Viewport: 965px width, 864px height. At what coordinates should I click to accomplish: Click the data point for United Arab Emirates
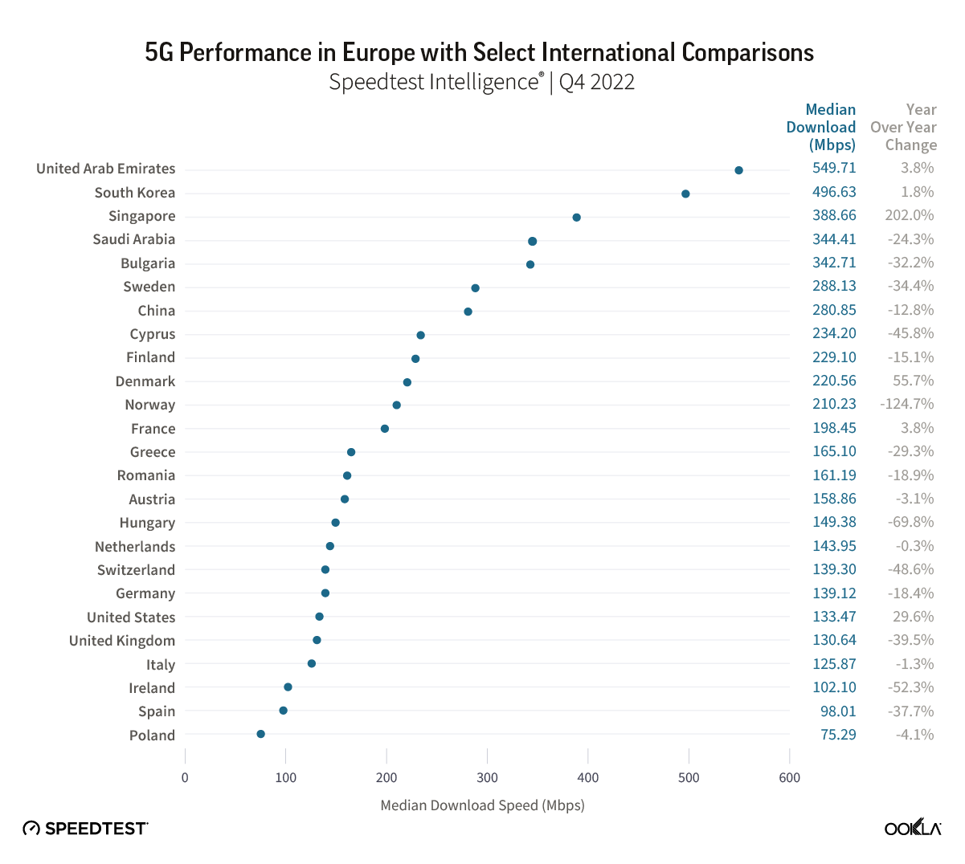pos(738,170)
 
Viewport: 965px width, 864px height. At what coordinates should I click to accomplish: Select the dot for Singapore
pos(576,218)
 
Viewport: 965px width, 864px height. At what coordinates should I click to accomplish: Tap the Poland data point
pos(260,734)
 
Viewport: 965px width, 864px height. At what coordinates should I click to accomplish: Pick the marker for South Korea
pos(685,194)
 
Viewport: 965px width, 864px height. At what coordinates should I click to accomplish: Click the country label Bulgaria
pos(148,263)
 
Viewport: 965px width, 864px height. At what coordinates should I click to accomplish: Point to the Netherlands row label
pos(135,547)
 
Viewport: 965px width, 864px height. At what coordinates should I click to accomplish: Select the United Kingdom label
pos(122,641)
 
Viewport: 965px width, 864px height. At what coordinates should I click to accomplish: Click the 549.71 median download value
pos(834,168)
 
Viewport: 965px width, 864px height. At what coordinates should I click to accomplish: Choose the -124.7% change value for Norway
pos(906,404)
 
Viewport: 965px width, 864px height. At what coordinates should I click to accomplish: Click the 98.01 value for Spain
pos(838,711)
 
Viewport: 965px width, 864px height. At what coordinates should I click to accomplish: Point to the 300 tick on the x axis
pos(487,777)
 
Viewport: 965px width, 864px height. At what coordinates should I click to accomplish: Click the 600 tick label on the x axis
pos(789,777)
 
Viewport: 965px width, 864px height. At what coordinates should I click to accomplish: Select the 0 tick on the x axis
pos(185,777)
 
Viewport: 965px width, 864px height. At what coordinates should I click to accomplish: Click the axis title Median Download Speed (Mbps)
pos(482,805)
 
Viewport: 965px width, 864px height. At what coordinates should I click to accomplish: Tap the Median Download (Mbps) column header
pos(822,127)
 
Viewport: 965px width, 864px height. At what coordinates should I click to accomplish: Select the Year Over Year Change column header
pos(904,127)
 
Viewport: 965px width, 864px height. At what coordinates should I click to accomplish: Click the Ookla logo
pos(913,828)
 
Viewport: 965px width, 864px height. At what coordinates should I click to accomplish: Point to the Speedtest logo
pos(85,828)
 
